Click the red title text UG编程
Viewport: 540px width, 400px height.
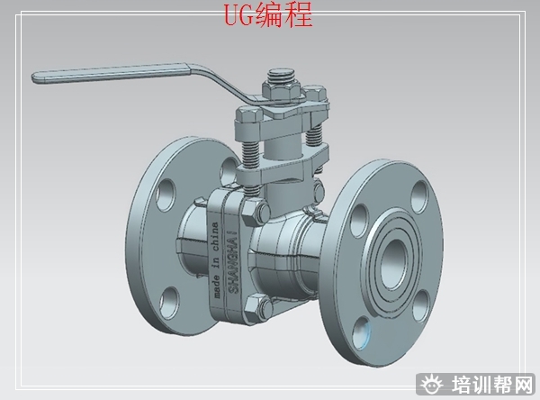(268, 14)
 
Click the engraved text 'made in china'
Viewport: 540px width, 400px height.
(216, 260)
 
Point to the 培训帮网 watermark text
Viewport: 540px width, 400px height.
(491, 384)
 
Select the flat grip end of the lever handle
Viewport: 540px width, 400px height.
(110, 73)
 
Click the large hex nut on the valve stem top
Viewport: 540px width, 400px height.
(282, 91)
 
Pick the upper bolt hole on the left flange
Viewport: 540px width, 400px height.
(166, 195)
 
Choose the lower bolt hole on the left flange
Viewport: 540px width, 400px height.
(170, 303)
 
